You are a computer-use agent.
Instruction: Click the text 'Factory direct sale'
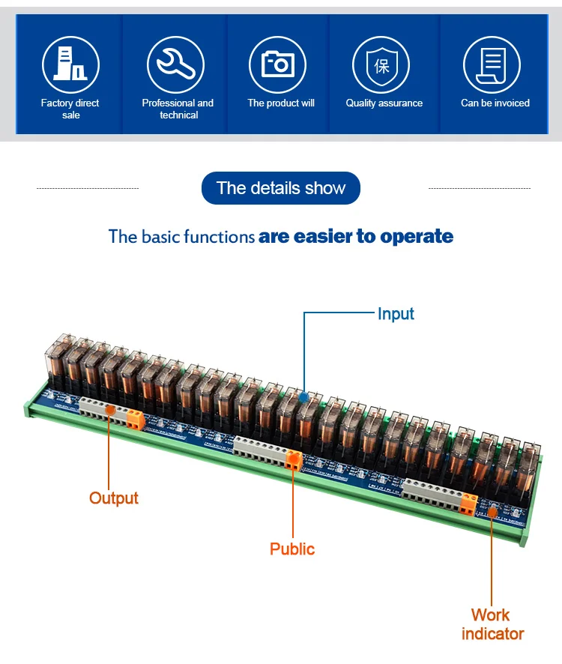click(x=70, y=109)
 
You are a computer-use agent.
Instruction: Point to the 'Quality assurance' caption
click(x=384, y=103)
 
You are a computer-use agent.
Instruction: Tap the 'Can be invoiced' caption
click(x=495, y=103)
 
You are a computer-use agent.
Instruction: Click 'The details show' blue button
click(x=281, y=188)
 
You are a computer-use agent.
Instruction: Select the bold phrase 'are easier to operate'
click(x=356, y=237)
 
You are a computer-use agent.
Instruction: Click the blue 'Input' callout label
click(x=396, y=314)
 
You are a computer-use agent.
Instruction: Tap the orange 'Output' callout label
click(x=114, y=498)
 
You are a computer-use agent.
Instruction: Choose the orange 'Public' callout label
click(x=292, y=549)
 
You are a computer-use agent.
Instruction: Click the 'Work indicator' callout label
click(x=492, y=624)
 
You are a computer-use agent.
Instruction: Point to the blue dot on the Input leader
click(x=303, y=396)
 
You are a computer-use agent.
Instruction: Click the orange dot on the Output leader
click(x=109, y=409)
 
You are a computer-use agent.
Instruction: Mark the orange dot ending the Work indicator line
click(x=492, y=513)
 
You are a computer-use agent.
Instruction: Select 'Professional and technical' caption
click(x=178, y=109)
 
